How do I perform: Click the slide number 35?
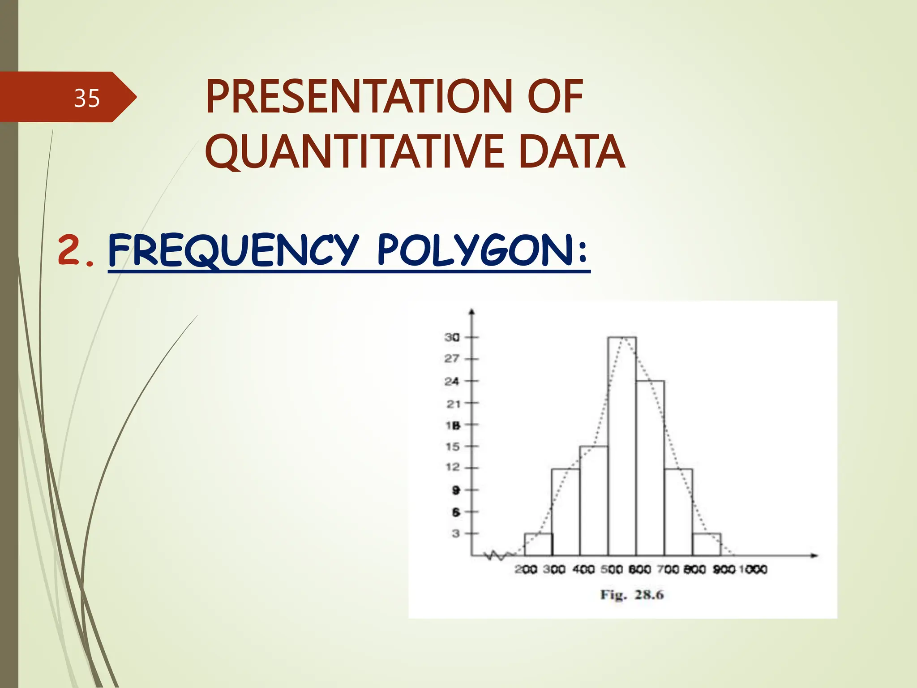tap(86, 98)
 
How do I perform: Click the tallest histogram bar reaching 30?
tap(622, 448)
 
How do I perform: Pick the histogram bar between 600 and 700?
tap(650, 470)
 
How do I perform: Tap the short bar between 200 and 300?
tap(538, 545)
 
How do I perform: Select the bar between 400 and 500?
tap(594, 502)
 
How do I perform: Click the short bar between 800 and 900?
tap(706, 545)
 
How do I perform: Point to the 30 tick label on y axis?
tap(452, 337)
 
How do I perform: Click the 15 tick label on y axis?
tap(452, 447)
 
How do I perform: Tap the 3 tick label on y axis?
tap(455, 533)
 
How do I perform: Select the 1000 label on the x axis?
tap(753, 569)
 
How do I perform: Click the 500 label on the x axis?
tap(611, 569)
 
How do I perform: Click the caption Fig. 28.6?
tap(631, 595)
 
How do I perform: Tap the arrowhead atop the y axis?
tap(471, 312)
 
